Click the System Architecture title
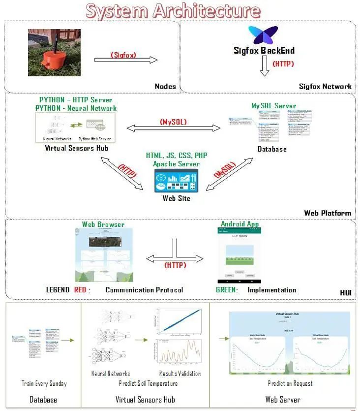[x=173, y=10]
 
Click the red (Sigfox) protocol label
[x=123, y=55]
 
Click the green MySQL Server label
[x=273, y=105]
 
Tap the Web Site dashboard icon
[x=176, y=181]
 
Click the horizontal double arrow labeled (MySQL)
[x=174, y=128]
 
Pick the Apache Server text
[x=176, y=164]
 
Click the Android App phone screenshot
[x=240, y=255]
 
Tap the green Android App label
[x=240, y=224]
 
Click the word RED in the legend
[x=81, y=290]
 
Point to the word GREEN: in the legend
[x=227, y=290]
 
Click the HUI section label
[x=346, y=293]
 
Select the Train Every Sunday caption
[x=44, y=383]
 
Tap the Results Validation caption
[x=180, y=374]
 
